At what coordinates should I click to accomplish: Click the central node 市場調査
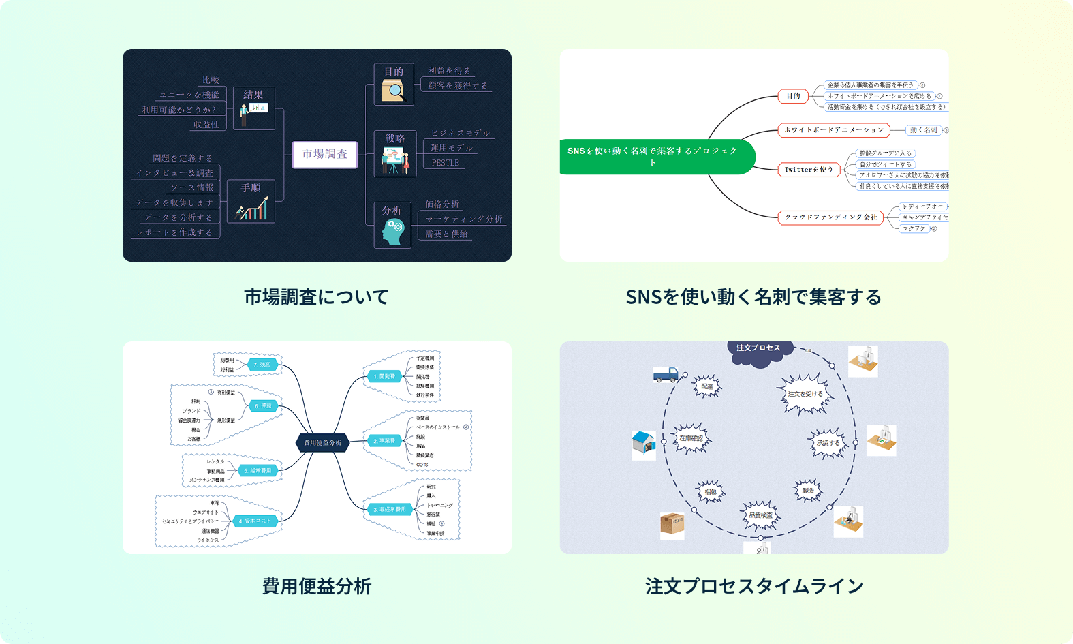tap(325, 155)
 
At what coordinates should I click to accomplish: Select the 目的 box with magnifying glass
tap(394, 85)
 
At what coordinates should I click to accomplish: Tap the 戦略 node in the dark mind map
tap(395, 153)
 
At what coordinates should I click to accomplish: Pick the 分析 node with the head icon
tap(393, 225)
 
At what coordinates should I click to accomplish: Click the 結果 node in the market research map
tap(253, 108)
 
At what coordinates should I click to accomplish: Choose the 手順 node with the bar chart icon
tap(251, 201)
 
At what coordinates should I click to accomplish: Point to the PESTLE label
tap(446, 163)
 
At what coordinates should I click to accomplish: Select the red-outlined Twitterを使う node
tap(809, 170)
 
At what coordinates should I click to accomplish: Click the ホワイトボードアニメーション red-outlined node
tap(834, 130)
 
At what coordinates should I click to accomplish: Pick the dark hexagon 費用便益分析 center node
tap(323, 443)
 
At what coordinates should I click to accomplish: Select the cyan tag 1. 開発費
tap(384, 376)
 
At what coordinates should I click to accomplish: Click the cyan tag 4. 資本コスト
tap(255, 521)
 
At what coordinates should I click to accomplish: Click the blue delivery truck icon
tap(666, 374)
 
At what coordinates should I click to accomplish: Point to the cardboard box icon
tap(672, 524)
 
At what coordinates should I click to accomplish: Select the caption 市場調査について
tap(317, 297)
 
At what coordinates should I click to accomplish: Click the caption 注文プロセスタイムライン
tap(754, 586)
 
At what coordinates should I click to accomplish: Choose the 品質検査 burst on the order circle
tap(760, 515)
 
